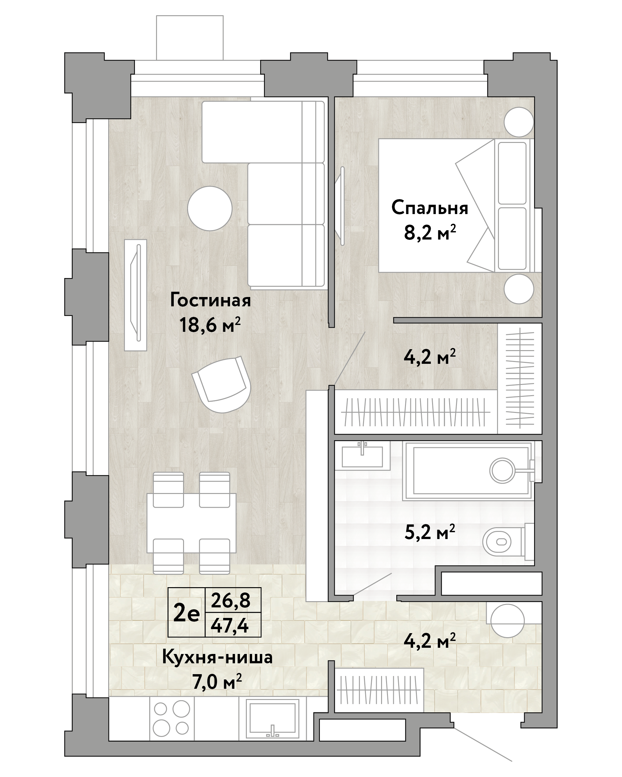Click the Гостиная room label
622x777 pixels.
pos(210,300)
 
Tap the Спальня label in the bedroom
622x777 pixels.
pos(430,208)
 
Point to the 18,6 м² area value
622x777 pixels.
pos(210,325)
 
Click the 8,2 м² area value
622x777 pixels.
pos(430,232)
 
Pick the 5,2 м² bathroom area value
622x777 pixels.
pos(430,532)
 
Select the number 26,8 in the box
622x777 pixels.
pos(231,601)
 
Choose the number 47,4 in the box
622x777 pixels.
pos(231,625)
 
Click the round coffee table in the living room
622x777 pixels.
pos(210,208)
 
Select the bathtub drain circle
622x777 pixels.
pos(502,470)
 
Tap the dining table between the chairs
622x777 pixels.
pos(191,523)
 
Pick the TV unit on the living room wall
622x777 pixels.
pos(136,295)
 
